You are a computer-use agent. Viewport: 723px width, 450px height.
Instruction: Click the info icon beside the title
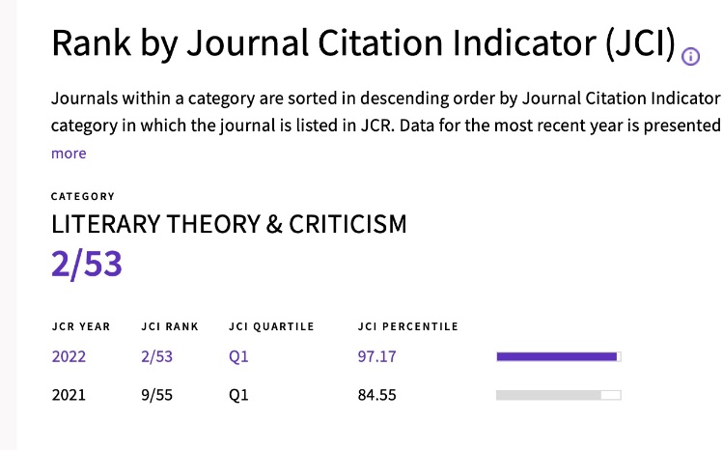click(690, 56)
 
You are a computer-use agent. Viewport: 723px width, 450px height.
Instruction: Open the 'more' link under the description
click(69, 154)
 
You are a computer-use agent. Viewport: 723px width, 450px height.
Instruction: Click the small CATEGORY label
click(82, 196)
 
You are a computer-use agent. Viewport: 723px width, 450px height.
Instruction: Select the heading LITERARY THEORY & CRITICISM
click(229, 225)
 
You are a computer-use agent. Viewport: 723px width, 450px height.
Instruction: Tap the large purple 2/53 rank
click(87, 263)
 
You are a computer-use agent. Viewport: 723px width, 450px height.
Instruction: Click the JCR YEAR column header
click(81, 326)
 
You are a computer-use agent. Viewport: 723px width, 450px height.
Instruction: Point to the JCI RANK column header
click(169, 326)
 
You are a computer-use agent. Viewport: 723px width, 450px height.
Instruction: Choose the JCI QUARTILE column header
click(271, 326)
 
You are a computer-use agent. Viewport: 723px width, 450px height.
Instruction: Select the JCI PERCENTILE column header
click(407, 326)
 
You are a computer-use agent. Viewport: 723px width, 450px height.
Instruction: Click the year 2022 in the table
click(69, 356)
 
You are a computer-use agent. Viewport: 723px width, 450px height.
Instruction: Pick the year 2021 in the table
click(69, 395)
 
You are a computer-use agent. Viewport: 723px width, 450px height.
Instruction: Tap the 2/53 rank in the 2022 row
click(157, 356)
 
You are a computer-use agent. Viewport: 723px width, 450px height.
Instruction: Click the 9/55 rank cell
click(157, 395)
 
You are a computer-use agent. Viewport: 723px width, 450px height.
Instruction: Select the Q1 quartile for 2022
click(238, 356)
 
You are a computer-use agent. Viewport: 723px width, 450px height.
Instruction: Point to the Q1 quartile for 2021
click(238, 395)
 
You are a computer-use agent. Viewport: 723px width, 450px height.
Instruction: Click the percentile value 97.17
click(376, 356)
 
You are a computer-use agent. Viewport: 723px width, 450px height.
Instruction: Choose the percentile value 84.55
click(376, 395)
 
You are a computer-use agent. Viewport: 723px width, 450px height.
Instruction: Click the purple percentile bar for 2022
click(557, 356)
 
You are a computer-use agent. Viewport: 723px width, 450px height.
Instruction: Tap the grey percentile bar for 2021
click(557, 395)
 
